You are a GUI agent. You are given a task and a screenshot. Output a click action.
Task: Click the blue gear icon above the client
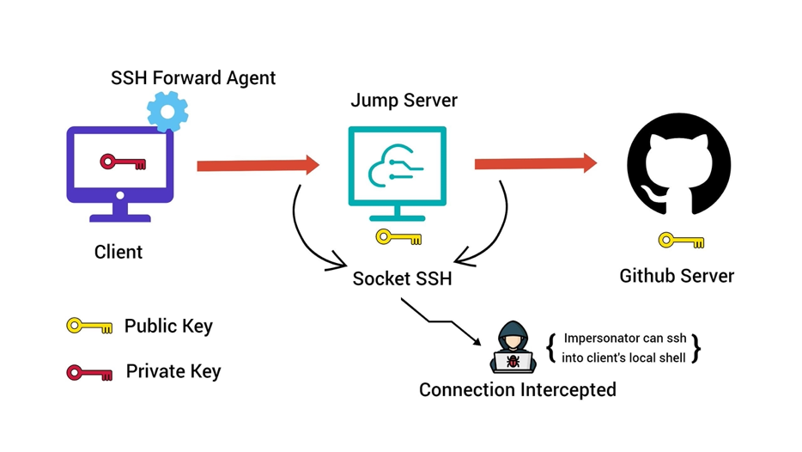[x=167, y=111]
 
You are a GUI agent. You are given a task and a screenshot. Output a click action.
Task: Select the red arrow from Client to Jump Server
[x=258, y=165]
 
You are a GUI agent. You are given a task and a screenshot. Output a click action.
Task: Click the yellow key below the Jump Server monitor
[x=398, y=237]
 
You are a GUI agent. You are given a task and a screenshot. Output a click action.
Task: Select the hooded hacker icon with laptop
[x=513, y=348]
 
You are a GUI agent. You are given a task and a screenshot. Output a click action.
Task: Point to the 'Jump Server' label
[x=404, y=101]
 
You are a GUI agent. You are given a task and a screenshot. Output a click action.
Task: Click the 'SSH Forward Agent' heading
[x=193, y=78]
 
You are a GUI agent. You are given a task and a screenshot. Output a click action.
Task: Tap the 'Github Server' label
[x=677, y=276]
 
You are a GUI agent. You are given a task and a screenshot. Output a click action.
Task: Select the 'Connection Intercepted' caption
[x=517, y=389]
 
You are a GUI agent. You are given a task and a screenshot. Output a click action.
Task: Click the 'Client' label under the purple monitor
[x=118, y=252]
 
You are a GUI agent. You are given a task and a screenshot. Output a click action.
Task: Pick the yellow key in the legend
[x=89, y=327]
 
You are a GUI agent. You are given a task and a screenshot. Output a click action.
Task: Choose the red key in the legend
[x=89, y=372]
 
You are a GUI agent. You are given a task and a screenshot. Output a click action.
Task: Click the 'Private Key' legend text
[x=173, y=371]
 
